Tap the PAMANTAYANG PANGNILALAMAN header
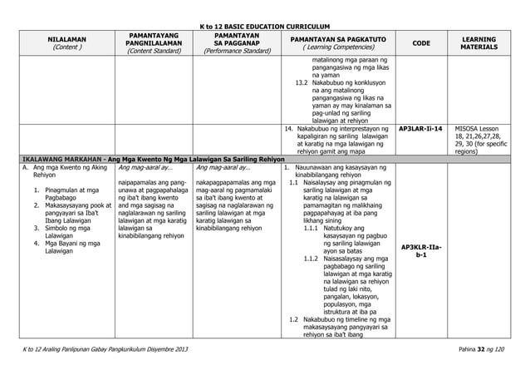coord(152,38)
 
